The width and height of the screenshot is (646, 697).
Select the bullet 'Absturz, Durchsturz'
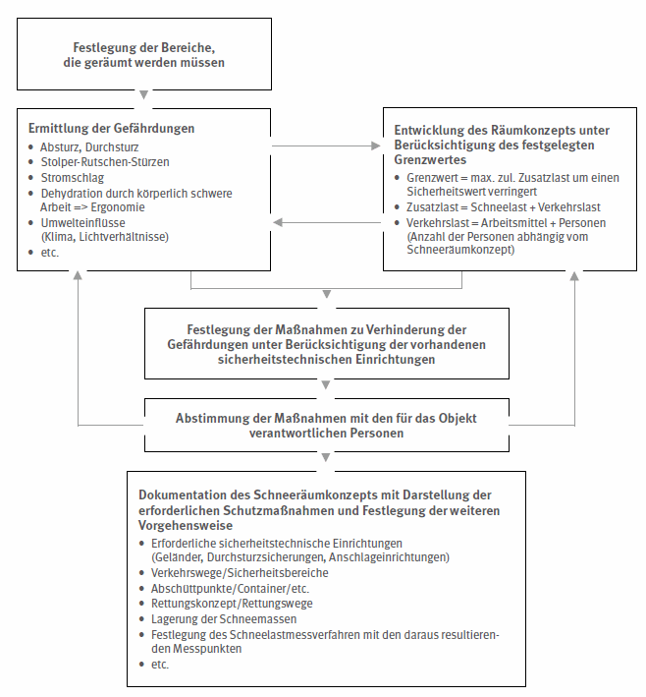pyautogui.click(x=84, y=146)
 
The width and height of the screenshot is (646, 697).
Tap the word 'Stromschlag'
pyautogui.click(x=72, y=178)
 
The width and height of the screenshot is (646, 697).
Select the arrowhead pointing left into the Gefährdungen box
pyautogui.click(x=278, y=222)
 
